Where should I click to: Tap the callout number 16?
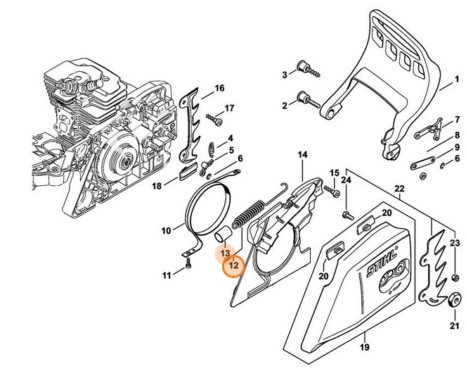(220, 88)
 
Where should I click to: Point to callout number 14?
(302, 154)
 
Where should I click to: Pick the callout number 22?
(399, 188)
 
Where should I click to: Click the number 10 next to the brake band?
(167, 230)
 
